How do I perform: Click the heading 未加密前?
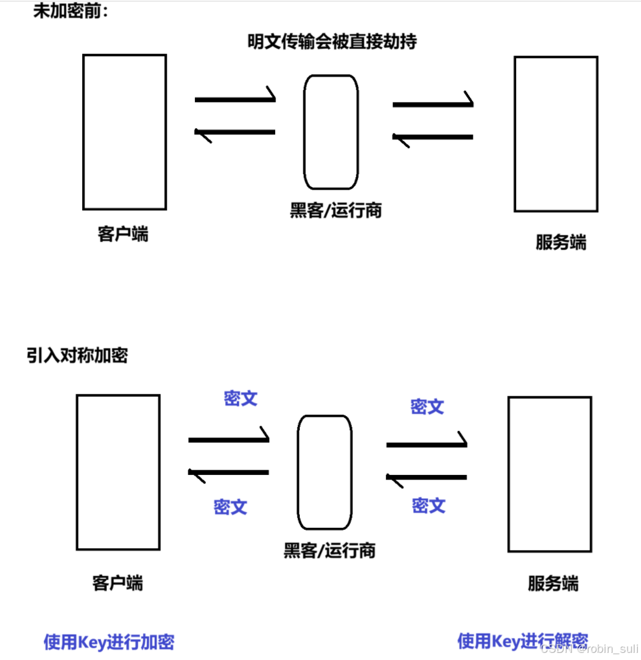[71, 11]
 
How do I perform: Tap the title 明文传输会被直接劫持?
[332, 41]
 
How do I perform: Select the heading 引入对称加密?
[77, 355]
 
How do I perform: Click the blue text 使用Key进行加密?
[109, 642]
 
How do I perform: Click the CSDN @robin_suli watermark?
[589, 648]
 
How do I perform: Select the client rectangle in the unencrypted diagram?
[124, 132]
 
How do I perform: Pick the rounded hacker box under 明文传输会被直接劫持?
[331, 132]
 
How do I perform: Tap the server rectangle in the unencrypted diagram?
[556, 134]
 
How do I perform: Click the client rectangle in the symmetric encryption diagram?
[118, 472]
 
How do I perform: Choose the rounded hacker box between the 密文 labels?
[324, 472]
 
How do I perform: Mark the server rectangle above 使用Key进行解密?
[549, 474]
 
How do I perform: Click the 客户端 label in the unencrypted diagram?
[123, 234]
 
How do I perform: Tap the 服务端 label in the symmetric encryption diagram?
[553, 584]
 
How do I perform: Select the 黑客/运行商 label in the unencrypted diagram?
[335, 210]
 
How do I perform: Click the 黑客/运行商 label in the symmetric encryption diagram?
[329, 551]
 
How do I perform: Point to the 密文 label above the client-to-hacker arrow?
[240, 399]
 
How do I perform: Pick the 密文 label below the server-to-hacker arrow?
[429, 505]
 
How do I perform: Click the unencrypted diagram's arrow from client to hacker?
[236, 99]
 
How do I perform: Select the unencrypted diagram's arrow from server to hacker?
[433, 137]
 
